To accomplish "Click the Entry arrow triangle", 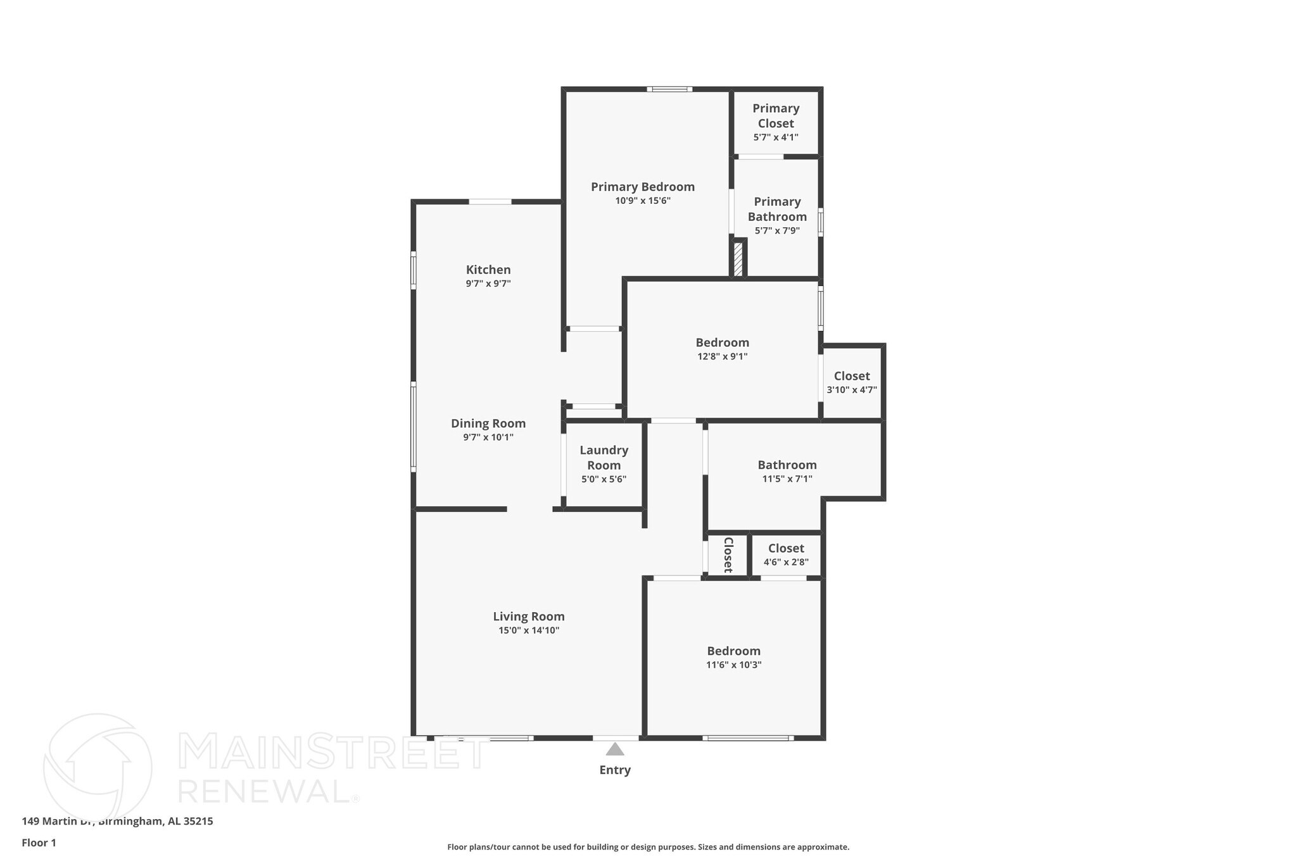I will point(614,750).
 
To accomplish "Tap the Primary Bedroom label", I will point(642,187).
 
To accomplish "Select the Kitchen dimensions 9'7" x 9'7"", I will point(488,284).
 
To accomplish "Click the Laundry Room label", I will point(604,458).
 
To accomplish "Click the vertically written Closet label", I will point(728,555).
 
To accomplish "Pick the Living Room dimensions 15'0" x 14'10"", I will point(528,630).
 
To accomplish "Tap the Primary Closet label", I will point(775,116).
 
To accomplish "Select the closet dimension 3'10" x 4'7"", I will point(851,390).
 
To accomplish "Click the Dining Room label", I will point(488,423).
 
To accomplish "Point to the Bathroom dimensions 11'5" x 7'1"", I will point(787,479).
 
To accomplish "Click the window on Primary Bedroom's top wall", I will point(669,89).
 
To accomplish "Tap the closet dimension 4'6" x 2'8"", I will point(785,562).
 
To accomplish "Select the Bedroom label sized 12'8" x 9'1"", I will point(722,342).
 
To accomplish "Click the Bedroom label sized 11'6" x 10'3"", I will point(733,651).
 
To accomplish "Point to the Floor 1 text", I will point(39,843).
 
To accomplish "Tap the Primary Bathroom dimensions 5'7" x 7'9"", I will point(776,231).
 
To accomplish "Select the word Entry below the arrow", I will point(614,770).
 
